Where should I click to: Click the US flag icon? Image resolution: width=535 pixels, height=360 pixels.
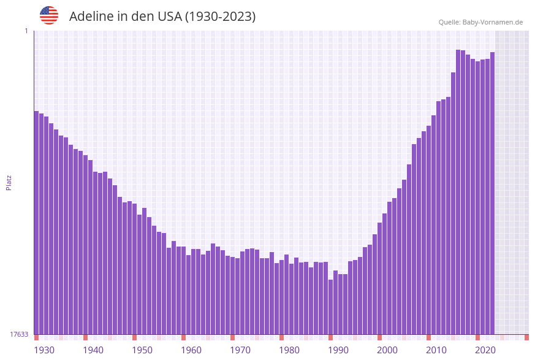click(x=49, y=15)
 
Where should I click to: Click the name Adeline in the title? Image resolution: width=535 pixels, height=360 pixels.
click(x=92, y=17)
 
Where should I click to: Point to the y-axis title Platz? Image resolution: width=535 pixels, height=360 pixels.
click(x=9, y=182)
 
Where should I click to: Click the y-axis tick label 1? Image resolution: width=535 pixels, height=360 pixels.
click(x=26, y=31)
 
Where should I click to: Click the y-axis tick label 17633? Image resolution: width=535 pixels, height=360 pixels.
click(x=19, y=334)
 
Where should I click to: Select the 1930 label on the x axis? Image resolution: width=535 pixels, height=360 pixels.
click(x=44, y=350)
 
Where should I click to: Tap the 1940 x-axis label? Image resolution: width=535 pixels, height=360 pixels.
click(x=93, y=350)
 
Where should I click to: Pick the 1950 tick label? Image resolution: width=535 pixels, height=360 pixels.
click(x=142, y=350)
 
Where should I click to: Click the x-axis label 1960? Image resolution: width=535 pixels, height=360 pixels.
click(x=191, y=350)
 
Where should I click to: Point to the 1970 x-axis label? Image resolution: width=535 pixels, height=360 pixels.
click(x=240, y=350)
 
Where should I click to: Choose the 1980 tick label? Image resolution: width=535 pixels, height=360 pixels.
click(x=289, y=350)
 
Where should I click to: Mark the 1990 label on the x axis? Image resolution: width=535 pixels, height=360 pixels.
click(x=338, y=350)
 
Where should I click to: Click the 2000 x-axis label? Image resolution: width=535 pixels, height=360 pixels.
click(x=387, y=350)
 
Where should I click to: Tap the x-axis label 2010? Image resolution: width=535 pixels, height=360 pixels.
click(x=436, y=350)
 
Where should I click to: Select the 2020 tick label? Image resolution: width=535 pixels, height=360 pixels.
click(x=485, y=350)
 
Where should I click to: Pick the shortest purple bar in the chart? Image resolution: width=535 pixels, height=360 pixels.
click(x=330, y=307)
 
